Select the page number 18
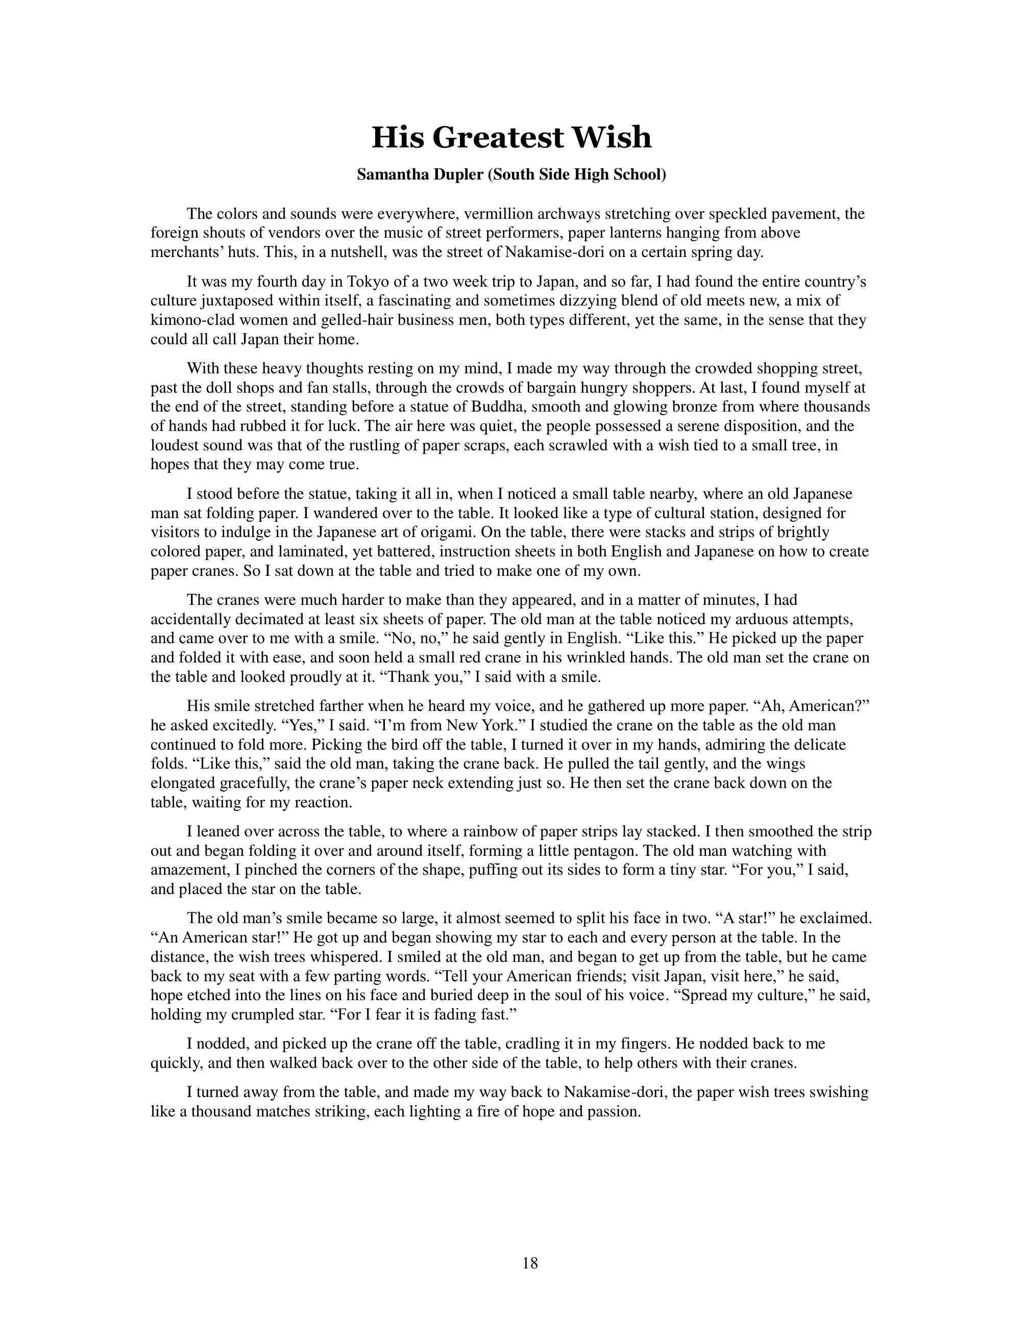click(529, 1263)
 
